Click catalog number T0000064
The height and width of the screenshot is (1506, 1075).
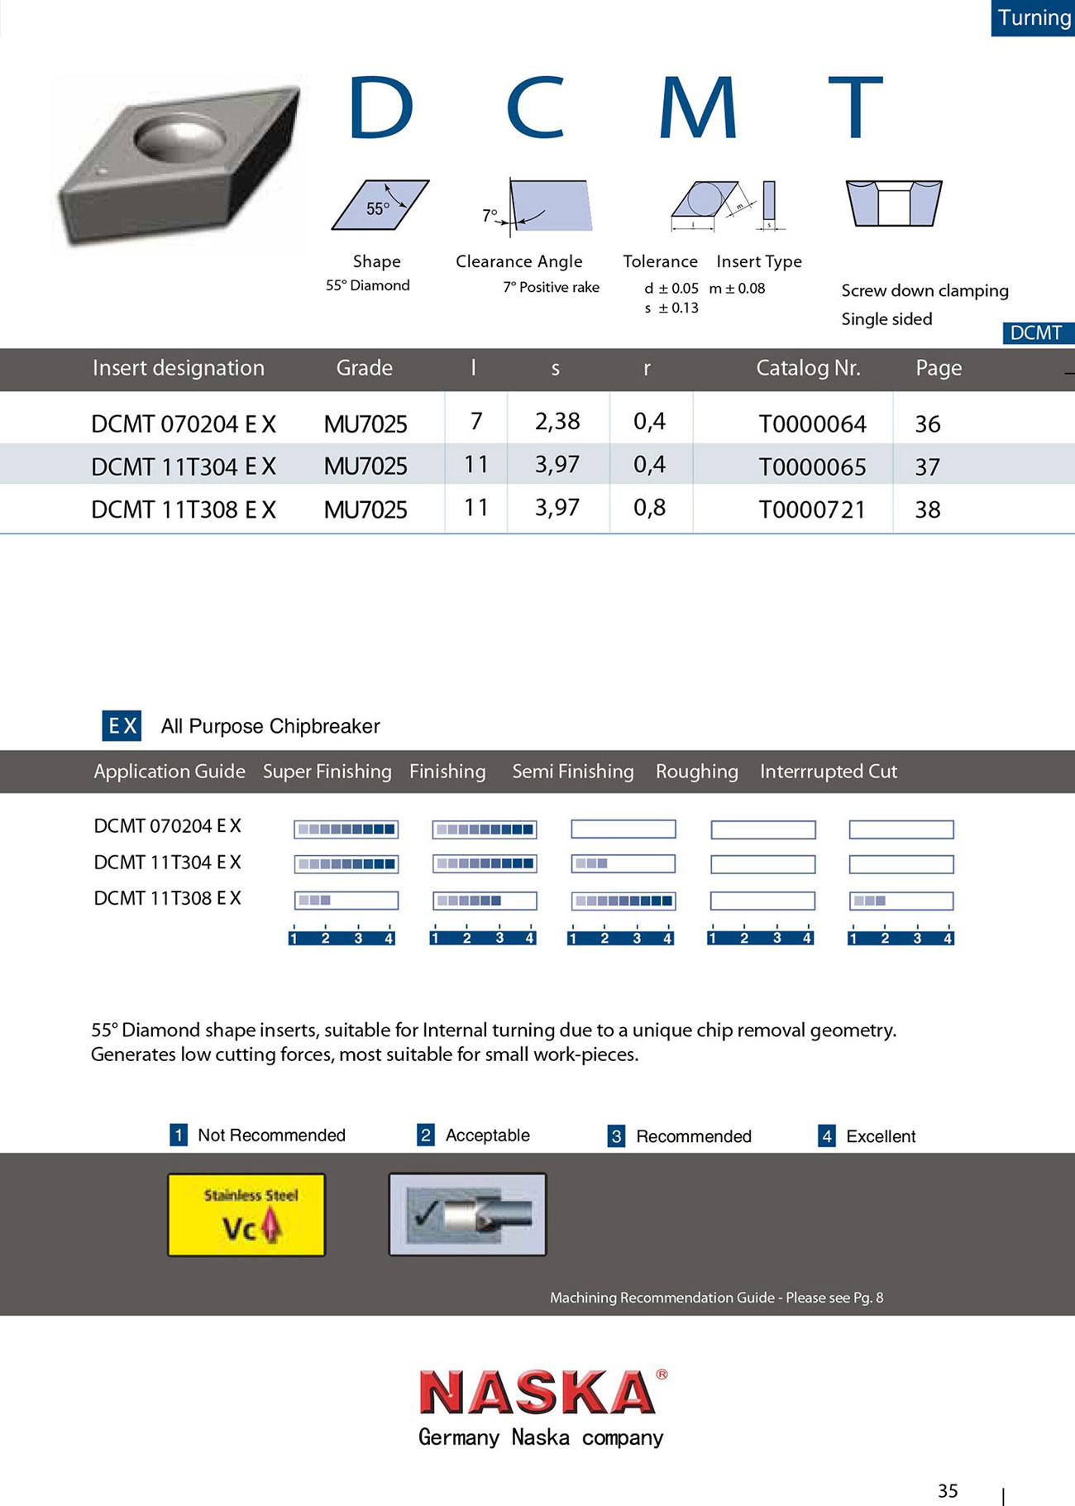pyautogui.click(x=812, y=424)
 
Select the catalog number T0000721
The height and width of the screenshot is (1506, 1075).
pyautogui.click(x=812, y=509)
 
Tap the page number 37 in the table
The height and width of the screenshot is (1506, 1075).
pyautogui.click(x=927, y=467)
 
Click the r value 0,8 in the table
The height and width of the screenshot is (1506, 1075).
pyautogui.click(x=649, y=508)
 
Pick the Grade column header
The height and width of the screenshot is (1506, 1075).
pyautogui.click(x=364, y=368)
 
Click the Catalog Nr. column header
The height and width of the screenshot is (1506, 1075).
pyautogui.click(x=808, y=368)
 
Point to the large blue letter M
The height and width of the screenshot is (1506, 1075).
pyautogui.click(x=697, y=108)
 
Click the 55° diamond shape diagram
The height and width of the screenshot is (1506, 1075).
pyautogui.click(x=380, y=204)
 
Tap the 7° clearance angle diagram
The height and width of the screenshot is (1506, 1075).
pyautogui.click(x=542, y=205)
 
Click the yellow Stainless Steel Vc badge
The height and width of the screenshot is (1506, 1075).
pyautogui.click(x=246, y=1215)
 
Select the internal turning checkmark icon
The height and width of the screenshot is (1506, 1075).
pyautogui.click(x=467, y=1215)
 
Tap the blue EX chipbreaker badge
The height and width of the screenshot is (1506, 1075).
pyautogui.click(x=122, y=725)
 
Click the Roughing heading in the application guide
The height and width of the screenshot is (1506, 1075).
pyautogui.click(x=696, y=772)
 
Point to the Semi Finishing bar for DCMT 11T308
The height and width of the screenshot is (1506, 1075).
pyautogui.click(x=623, y=901)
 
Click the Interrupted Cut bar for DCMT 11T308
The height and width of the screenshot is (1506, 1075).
pyautogui.click(x=901, y=901)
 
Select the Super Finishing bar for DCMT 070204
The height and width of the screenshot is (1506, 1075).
pyautogui.click(x=346, y=829)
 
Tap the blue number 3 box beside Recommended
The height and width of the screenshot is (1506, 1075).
pyautogui.click(x=616, y=1136)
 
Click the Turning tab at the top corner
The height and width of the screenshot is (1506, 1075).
pyautogui.click(x=1033, y=17)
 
